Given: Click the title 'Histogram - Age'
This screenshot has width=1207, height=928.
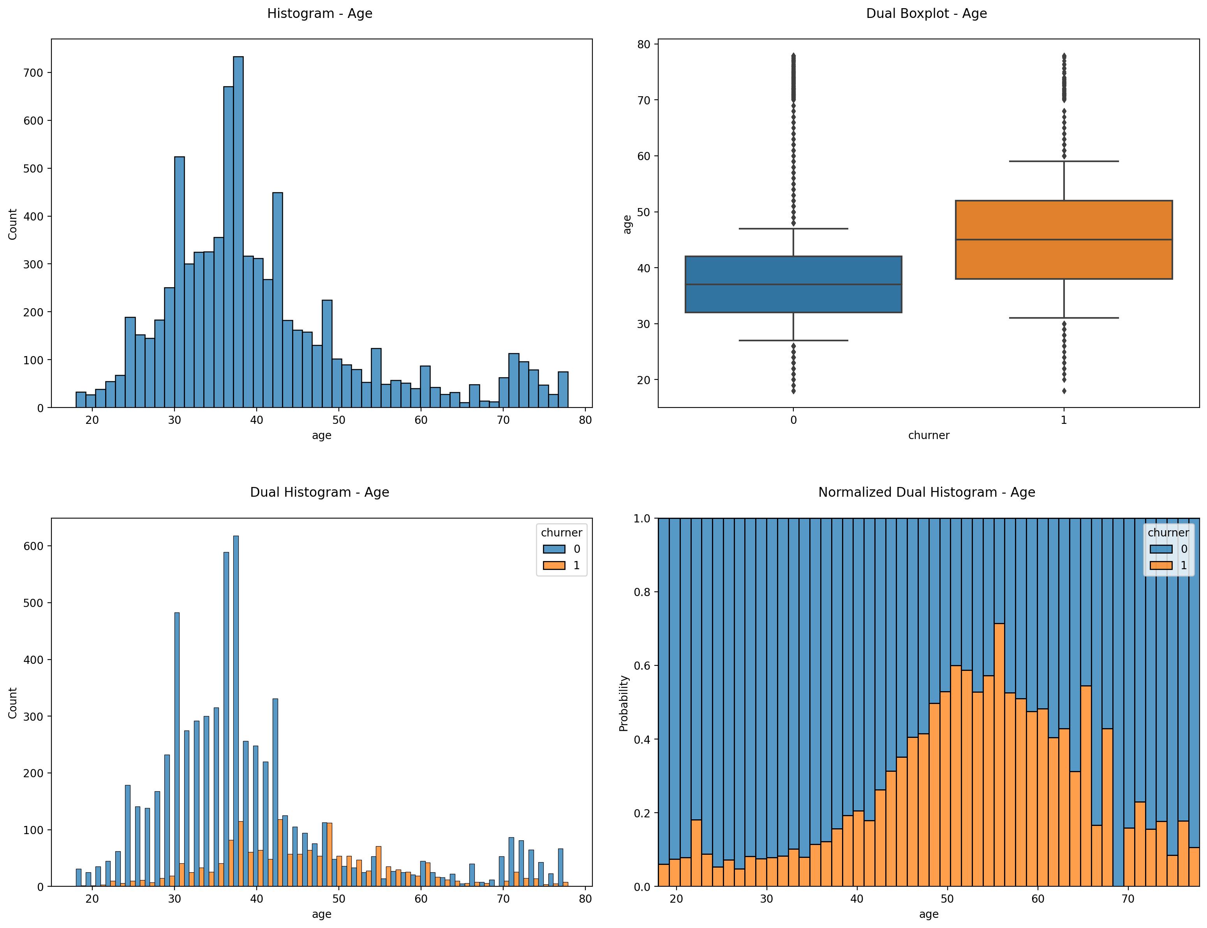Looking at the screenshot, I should tap(320, 14).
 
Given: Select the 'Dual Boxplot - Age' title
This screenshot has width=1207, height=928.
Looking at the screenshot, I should tap(926, 14).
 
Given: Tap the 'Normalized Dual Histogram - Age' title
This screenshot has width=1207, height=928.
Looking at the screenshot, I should tap(926, 492).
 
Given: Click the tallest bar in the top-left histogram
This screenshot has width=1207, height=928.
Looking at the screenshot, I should tap(238, 232).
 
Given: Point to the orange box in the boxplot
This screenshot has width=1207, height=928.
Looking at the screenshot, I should tap(1063, 240).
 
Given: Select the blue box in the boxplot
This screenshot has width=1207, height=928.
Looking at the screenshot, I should tap(793, 284).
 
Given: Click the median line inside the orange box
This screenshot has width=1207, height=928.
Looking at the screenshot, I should tap(1063, 240).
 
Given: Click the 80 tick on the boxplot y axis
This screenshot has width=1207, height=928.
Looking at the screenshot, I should tap(644, 44).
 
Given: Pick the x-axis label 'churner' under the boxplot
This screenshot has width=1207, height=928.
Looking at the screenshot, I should tap(928, 435).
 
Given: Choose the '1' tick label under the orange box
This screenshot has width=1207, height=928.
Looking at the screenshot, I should tap(1063, 420).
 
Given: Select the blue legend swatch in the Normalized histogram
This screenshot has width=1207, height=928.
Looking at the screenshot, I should tap(1161, 549).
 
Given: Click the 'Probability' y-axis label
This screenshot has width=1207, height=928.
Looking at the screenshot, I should tap(624, 703).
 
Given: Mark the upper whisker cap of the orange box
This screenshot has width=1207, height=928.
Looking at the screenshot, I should tap(1063, 161).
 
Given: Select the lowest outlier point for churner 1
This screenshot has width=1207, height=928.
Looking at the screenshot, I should tap(1063, 391).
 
